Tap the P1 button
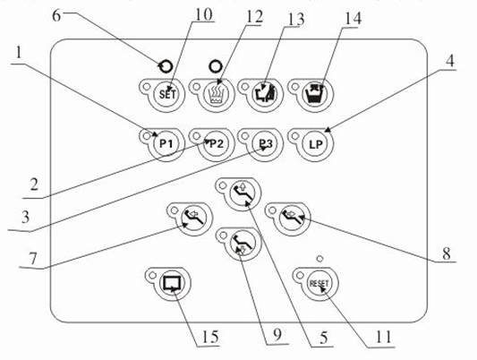pyautogui.click(x=166, y=143)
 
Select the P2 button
pyautogui.click(x=216, y=143)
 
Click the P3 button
pyautogui.click(x=265, y=143)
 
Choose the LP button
pyautogui.click(x=315, y=144)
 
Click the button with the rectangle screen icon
pyautogui.click(x=173, y=283)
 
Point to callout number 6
pyautogui.click(x=56, y=15)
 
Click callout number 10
pyautogui.click(x=203, y=14)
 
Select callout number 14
pyautogui.click(x=353, y=18)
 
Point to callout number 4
pyautogui.click(x=450, y=61)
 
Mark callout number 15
pyautogui.click(x=209, y=337)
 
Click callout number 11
pyautogui.click(x=383, y=337)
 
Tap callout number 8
pyautogui.click(x=447, y=253)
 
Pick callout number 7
pyautogui.click(x=32, y=259)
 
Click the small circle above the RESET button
pyautogui.click(x=319, y=259)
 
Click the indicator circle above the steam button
pyautogui.click(x=216, y=66)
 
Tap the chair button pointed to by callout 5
pyautogui.click(x=245, y=193)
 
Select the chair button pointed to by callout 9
pyautogui.click(x=245, y=244)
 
